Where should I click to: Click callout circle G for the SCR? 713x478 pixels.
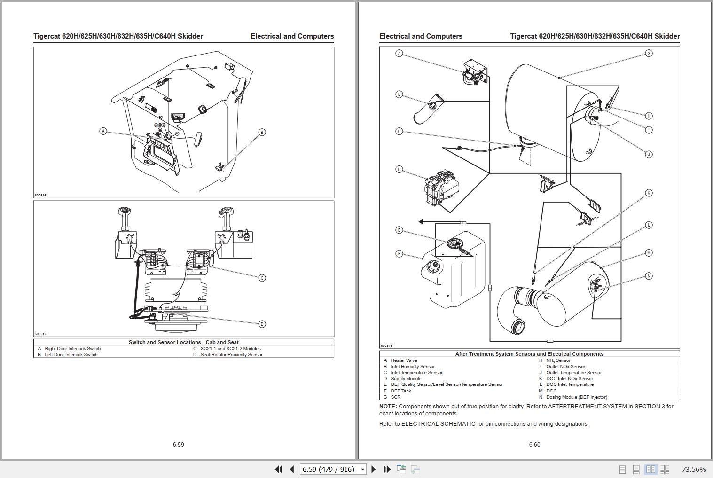point(649,53)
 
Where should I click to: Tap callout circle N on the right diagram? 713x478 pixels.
point(649,276)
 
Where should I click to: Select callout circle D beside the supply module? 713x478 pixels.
point(399,169)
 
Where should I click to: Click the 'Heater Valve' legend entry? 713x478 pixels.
point(404,360)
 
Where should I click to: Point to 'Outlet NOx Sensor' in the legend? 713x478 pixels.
point(565,367)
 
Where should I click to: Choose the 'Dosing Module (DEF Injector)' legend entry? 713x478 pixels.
point(576,397)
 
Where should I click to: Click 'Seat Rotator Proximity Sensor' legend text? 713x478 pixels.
point(231,355)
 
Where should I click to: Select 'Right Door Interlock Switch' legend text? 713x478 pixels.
point(72,349)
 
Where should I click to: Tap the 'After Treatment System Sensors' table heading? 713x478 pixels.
point(529,354)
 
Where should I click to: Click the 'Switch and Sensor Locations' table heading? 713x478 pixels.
point(183,342)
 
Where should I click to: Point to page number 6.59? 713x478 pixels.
point(178,444)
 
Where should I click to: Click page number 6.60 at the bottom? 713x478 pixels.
point(534,444)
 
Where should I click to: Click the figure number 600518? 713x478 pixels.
point(386,345)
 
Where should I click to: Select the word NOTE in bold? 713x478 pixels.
point(388,407)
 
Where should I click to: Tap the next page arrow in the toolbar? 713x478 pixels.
point(374,469)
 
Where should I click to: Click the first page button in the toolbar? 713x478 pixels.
point(279,469)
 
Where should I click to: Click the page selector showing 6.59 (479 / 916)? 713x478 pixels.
point(333,469)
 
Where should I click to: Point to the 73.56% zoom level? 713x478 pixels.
point(694,469)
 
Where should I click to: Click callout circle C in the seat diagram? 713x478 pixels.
point(262,278)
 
